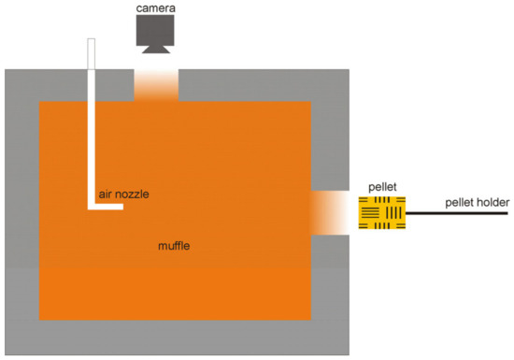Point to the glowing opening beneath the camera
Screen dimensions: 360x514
pyautogui.click(x=156, y=85)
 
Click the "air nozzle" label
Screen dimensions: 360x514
pyautogui.click(x=122, y=194)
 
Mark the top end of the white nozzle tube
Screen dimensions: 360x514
pyautogui.click(x=92, y=42)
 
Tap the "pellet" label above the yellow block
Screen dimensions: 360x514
pyautogui.click(x=383, y=187)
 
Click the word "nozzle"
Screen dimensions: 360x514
pyautogui.click(x=132, y=194)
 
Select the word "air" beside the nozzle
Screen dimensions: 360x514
pyautogui.click(x=106, y=194)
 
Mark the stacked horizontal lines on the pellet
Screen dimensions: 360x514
pyautogui.click(x=372, y=215)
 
